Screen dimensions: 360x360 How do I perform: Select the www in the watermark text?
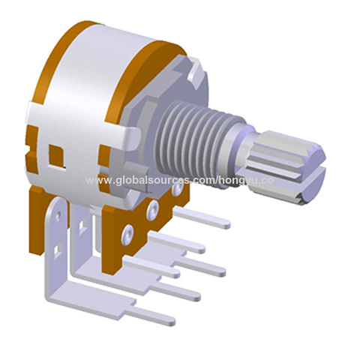pos(99,181)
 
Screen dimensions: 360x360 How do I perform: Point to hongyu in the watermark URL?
pos(239,182)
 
